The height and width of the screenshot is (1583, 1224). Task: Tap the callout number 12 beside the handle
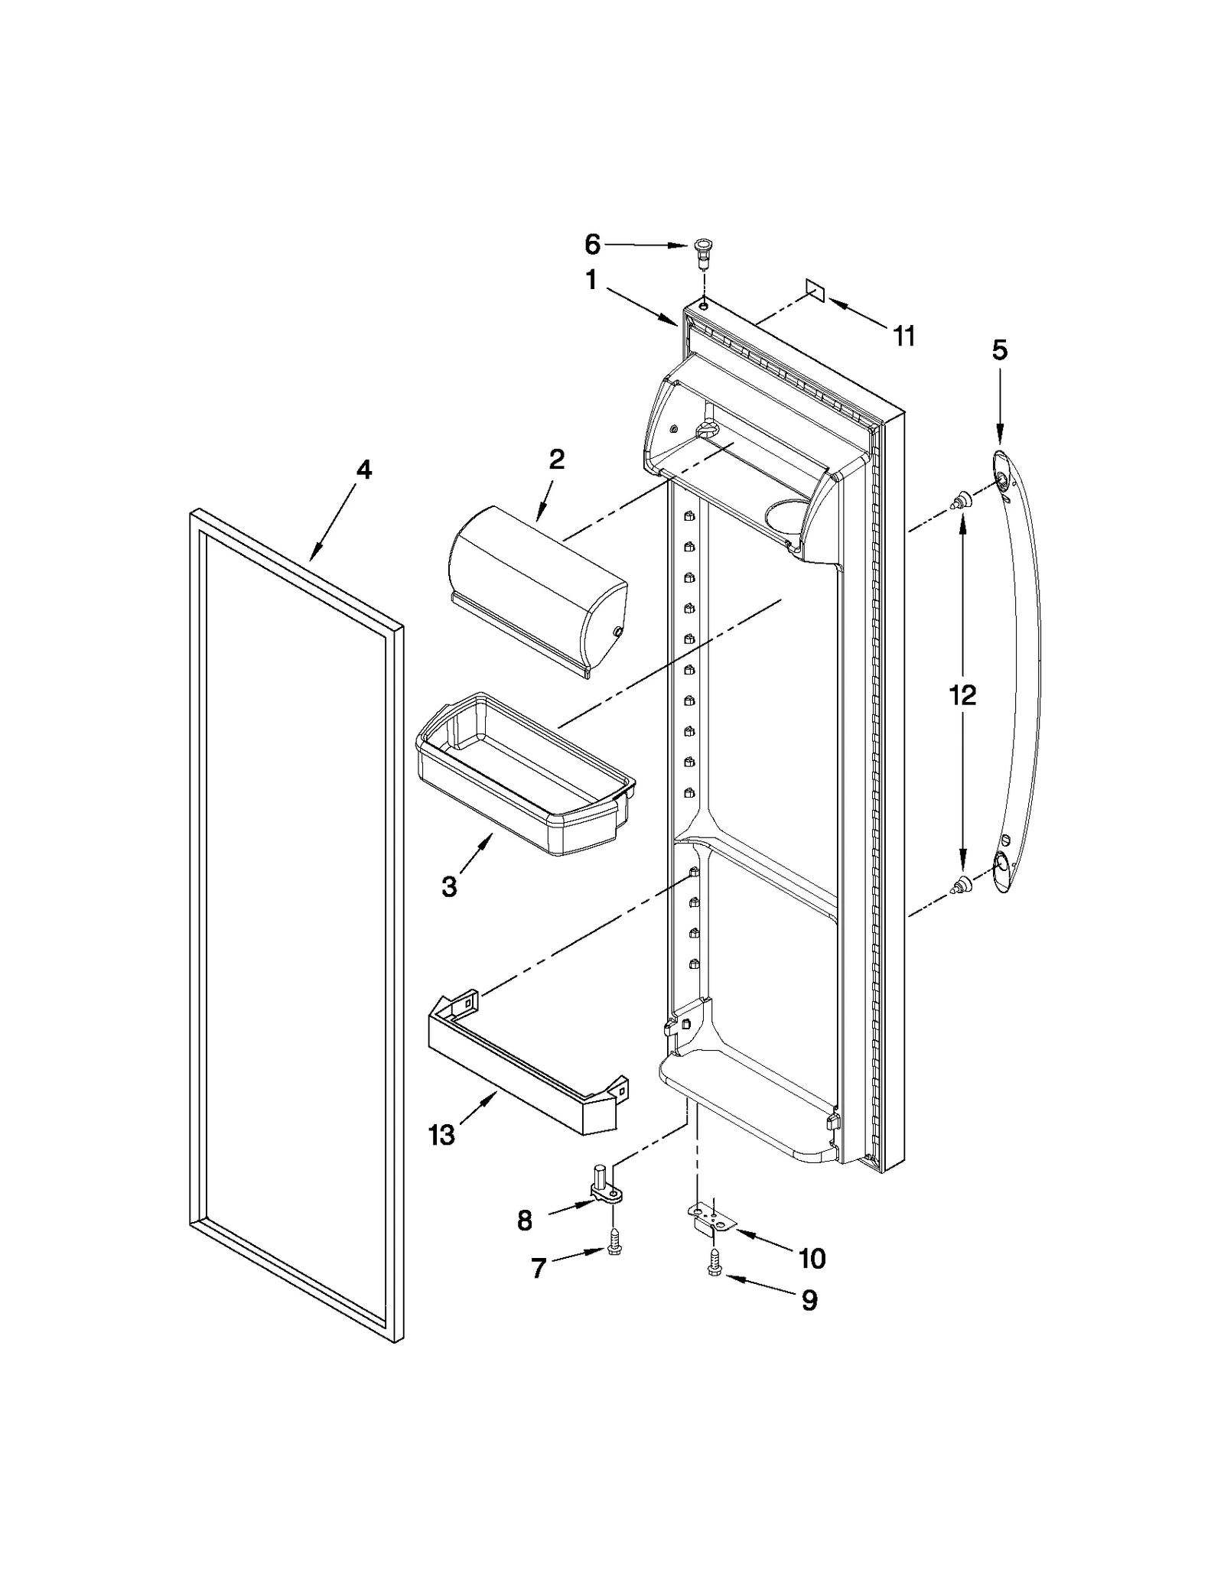point(962,695)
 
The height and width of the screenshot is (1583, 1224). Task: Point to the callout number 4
point(364,470)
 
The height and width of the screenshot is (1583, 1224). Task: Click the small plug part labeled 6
point(701,252)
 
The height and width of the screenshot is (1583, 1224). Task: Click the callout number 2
point(556,459)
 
